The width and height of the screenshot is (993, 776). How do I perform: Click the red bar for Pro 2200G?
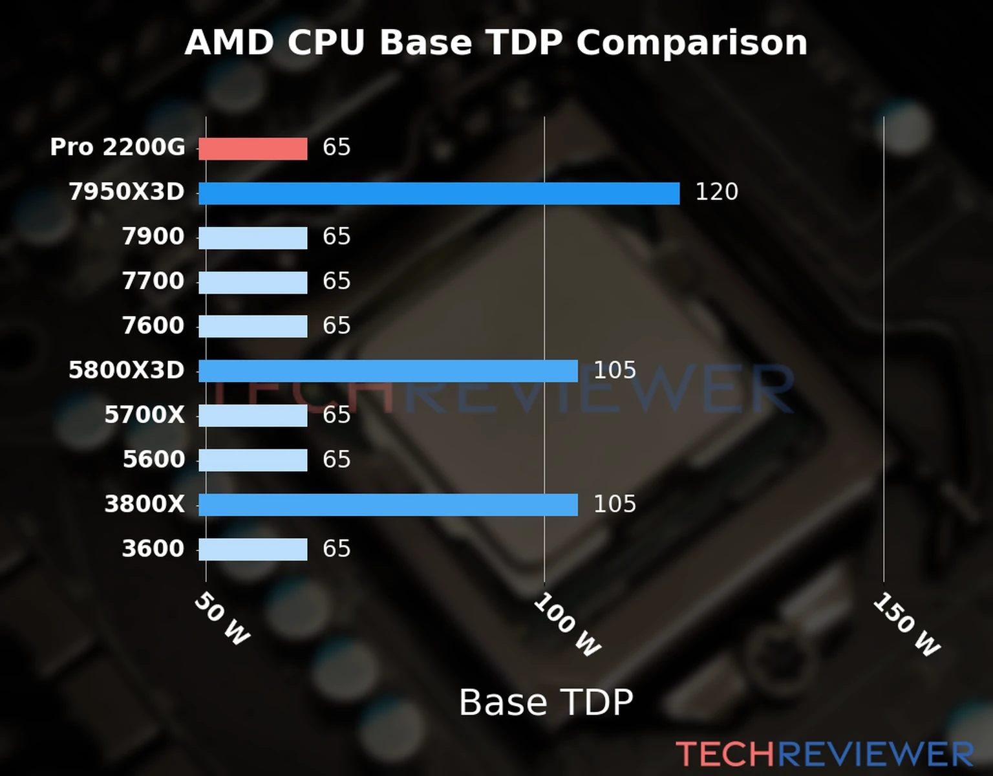click(x=253, y=149)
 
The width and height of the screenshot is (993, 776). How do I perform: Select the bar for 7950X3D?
click(x=439, y=193)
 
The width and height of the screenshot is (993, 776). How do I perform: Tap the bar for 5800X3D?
click(x=388, y=371)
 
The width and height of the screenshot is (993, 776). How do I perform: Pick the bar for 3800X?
click(x=388, y=505)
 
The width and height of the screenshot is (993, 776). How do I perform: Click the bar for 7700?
click(x=253, y=283)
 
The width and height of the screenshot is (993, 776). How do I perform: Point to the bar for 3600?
click(x=253, y=550)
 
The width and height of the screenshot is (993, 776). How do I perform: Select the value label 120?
click(x=716, y=192)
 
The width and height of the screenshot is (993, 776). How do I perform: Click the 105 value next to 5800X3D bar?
click(x=614, y=371)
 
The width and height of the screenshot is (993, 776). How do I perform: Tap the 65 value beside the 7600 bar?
click(x=336, y=326)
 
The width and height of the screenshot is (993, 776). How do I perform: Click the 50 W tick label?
click(x=222, y=619)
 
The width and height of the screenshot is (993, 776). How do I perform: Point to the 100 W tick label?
click(x=567, y=625)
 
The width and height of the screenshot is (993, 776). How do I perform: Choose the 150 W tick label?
click(x=906, y=625)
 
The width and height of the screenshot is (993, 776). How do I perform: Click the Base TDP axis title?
click(x=546, y=702)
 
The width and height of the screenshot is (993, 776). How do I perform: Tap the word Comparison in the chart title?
click(x=691, y=43)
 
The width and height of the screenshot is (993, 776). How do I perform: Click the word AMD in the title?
click(x=230, y=43)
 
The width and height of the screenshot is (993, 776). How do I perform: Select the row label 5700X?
click(x=144, y=415)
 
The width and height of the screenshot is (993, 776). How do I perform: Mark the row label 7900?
click(x=153, y=237)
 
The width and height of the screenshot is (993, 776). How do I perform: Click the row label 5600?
click(x=153, y=460)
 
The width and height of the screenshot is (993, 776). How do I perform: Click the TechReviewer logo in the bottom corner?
click(x=824, y=754)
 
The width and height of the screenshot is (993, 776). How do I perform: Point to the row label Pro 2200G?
click(x=118, y=147)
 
